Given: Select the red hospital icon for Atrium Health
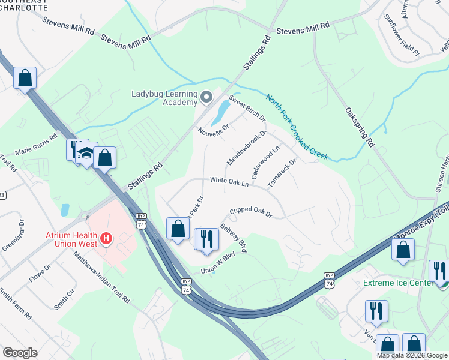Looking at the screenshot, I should [x=106, y=239].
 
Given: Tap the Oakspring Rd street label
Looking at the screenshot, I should [x=360, y=127].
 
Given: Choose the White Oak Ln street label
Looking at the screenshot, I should [x=229, y=181].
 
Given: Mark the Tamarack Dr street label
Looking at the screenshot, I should [x=283, y=173].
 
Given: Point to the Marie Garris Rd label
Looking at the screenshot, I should [x=35, y=148].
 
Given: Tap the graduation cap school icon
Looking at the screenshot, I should [x=86, y=153].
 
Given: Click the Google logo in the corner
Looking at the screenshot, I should [x=20, y=353].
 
